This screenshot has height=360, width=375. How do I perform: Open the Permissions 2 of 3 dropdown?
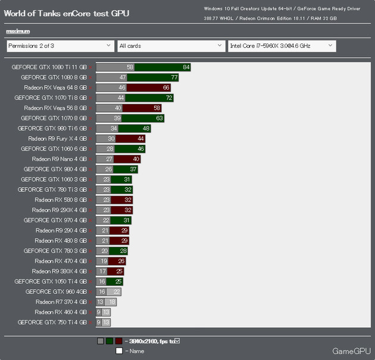(60, 45)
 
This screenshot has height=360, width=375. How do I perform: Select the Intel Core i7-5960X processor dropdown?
(282, 45)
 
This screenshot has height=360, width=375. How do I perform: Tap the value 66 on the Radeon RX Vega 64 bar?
(166, 87)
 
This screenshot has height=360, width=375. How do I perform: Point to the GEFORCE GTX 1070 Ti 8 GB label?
(51, 97)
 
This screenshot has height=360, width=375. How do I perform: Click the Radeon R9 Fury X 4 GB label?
(57, 138)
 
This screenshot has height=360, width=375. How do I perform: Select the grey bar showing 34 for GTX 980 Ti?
(107, 128)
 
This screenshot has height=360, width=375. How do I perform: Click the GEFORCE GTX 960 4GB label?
(56, 292)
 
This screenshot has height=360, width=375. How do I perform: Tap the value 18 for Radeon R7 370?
(112, 302)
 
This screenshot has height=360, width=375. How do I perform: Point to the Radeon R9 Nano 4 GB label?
(59, 159)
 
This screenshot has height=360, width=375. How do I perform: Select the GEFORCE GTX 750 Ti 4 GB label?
(52, 322)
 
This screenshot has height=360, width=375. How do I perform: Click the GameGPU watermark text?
(351, 350)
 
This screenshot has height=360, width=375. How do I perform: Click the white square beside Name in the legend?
(119, 351)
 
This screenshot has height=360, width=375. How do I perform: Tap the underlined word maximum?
(18, 31)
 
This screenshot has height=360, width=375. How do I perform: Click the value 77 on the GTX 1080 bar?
(174, 77)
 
